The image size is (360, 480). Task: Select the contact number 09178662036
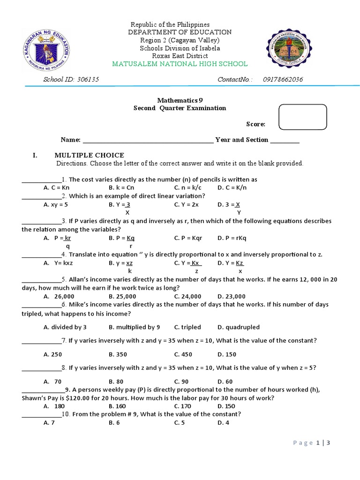pyautogui.click(x=283, y=79)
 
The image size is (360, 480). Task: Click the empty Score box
pyautogui.click(x=302, y=117)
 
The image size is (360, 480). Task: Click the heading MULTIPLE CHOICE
pyautogui.click(x=89, y=155)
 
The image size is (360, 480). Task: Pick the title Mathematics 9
pyautogui.click(x=180, y=100)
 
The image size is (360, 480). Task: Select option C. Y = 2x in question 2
pyautogui.click(x=187, y=204)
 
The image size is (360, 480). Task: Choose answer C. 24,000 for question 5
pyautogui.click(x=187, y=296)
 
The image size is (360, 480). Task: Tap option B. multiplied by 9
pyautogui.click(x=134, y=327)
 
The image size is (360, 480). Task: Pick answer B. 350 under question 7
pyautogui.click(x=118, y=354)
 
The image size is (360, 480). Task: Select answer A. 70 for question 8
pyautogui.click(x=52, y=382)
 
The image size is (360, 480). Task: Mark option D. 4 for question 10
pyautogui.click(x=223, y=423)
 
